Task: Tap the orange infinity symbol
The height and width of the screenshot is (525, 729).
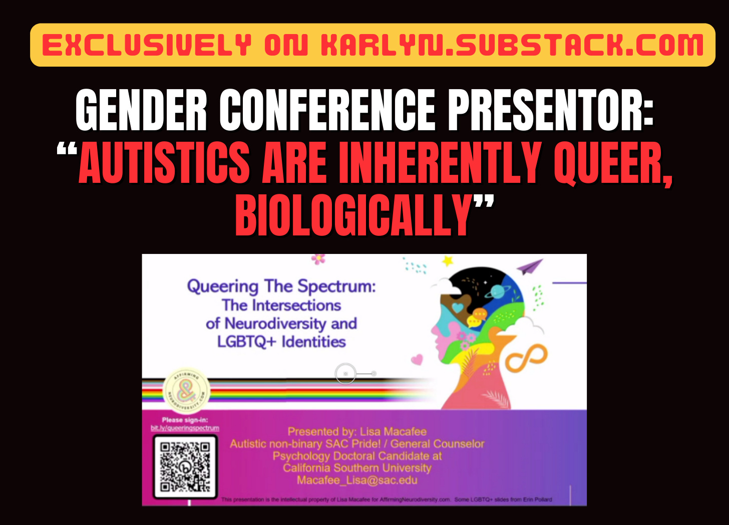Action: pyautogui.click(x=526, y=358)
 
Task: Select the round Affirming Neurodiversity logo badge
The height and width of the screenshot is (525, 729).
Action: pyautogui.click(x=186, y=391)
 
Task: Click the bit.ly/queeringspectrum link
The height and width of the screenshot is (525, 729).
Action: pyautogui.click(x=185, y=428)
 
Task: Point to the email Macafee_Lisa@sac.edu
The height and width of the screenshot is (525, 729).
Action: pyautogui.click(x=357, y=480)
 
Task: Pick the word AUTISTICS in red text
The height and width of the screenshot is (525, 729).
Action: pyautogui.click(x=164, y=163)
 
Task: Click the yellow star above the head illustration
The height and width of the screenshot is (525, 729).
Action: pyautogui.click(x=447, y=260)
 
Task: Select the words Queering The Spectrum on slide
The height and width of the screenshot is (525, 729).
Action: pyautogui.click(x=281, y=286)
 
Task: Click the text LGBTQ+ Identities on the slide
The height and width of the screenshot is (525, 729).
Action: pyautogui.click(x=281, y=342)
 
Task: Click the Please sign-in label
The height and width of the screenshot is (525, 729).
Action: pyautogui.click(x=185, y=420)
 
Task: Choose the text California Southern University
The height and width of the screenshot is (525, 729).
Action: pyautogui.click(x=357, y=468)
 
